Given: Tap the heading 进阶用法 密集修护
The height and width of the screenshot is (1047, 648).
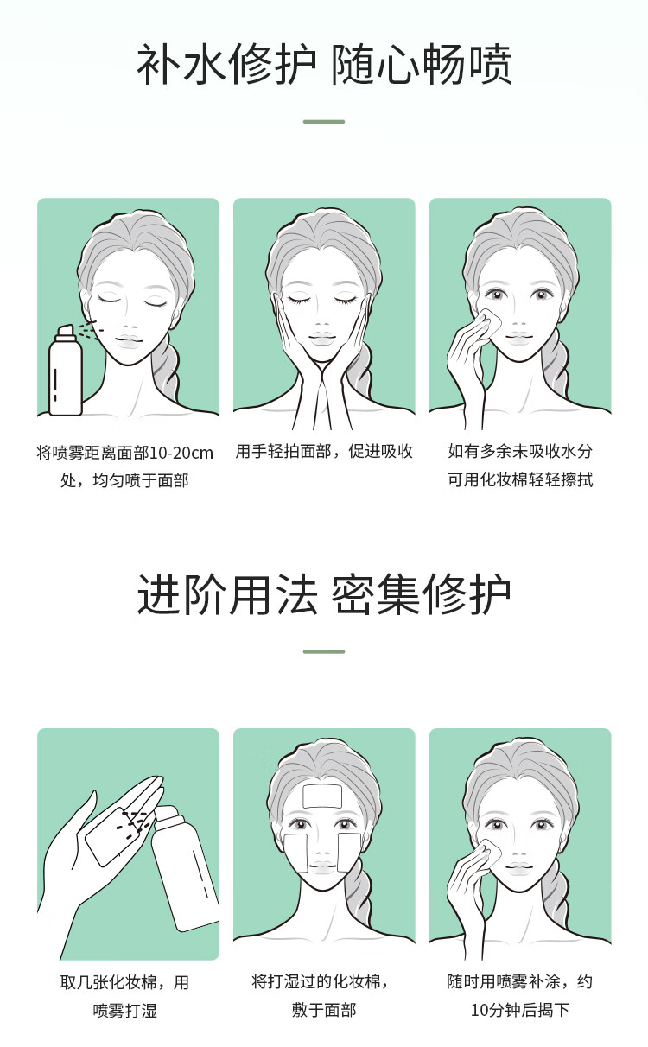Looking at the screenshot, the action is pyautogui.click(x=324, y=594).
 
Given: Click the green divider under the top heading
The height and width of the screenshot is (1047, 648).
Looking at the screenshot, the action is pyautogui.click(x=324, y=122).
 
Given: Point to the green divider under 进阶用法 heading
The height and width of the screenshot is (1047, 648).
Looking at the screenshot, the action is pyautogui.click(x=324, y=651).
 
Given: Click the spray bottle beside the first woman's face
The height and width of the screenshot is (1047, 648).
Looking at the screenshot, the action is pyautogui.click(x=66, y=371).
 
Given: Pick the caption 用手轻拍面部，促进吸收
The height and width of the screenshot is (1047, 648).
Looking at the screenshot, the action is pyautogui.click(x=324, y=452).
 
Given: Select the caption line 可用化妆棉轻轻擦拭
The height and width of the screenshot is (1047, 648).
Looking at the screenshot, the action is pyautogui.click(x=520, y=479).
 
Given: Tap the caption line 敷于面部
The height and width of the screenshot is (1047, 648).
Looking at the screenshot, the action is pyautogui.click(x=324, y=1010).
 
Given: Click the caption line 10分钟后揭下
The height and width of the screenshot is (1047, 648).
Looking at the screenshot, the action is pyautogui.click(x=520, y=1010).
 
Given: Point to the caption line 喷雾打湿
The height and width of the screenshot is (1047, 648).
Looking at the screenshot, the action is pyautogui.click(x=124, y=1011).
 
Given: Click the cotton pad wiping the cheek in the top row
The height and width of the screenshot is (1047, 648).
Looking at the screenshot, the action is pyautogui.click(x=491, y=321).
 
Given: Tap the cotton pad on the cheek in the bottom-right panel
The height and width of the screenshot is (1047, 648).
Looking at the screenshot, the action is pyautogui.click(x=491, y=853).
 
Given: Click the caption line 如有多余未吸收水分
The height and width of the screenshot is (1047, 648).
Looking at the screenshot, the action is pyautogui.click(x=520, y=452).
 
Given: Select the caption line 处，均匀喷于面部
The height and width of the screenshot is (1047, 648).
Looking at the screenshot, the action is pyautogui.click(x=124, y=480).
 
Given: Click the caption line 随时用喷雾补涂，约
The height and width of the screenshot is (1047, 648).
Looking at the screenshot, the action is pyautogui.click(x=520, y=981).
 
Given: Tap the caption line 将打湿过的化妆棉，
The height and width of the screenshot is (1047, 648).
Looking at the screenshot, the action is pyautogui.click(x=321, y=981).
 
